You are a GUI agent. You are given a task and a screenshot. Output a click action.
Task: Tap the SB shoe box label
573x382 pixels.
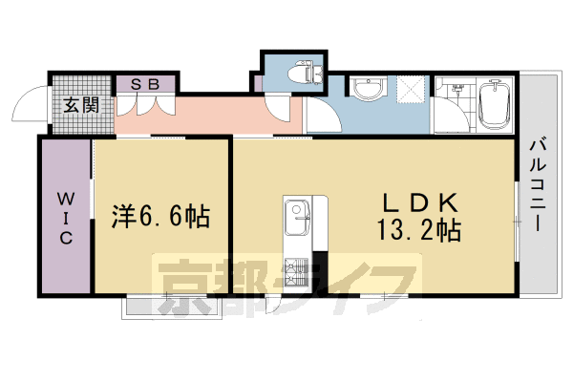pyautogui.click(x=145, y=84)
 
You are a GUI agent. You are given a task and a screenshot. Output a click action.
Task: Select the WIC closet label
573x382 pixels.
pyautogui.click(x=66, y=219)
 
